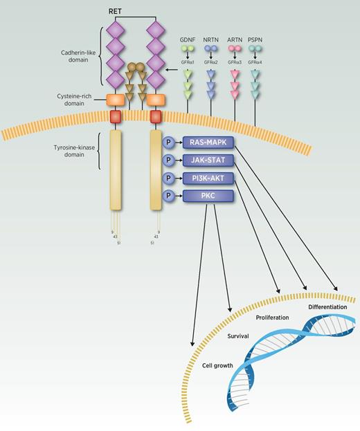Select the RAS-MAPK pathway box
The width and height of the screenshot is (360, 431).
[208, 143]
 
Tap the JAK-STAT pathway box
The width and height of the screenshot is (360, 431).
[208, 161]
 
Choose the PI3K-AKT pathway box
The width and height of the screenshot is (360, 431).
[208, 178]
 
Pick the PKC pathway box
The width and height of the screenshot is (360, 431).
[208, 196]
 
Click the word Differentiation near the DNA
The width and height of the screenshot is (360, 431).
[330, 305]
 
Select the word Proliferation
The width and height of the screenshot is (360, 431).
[272, 317]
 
